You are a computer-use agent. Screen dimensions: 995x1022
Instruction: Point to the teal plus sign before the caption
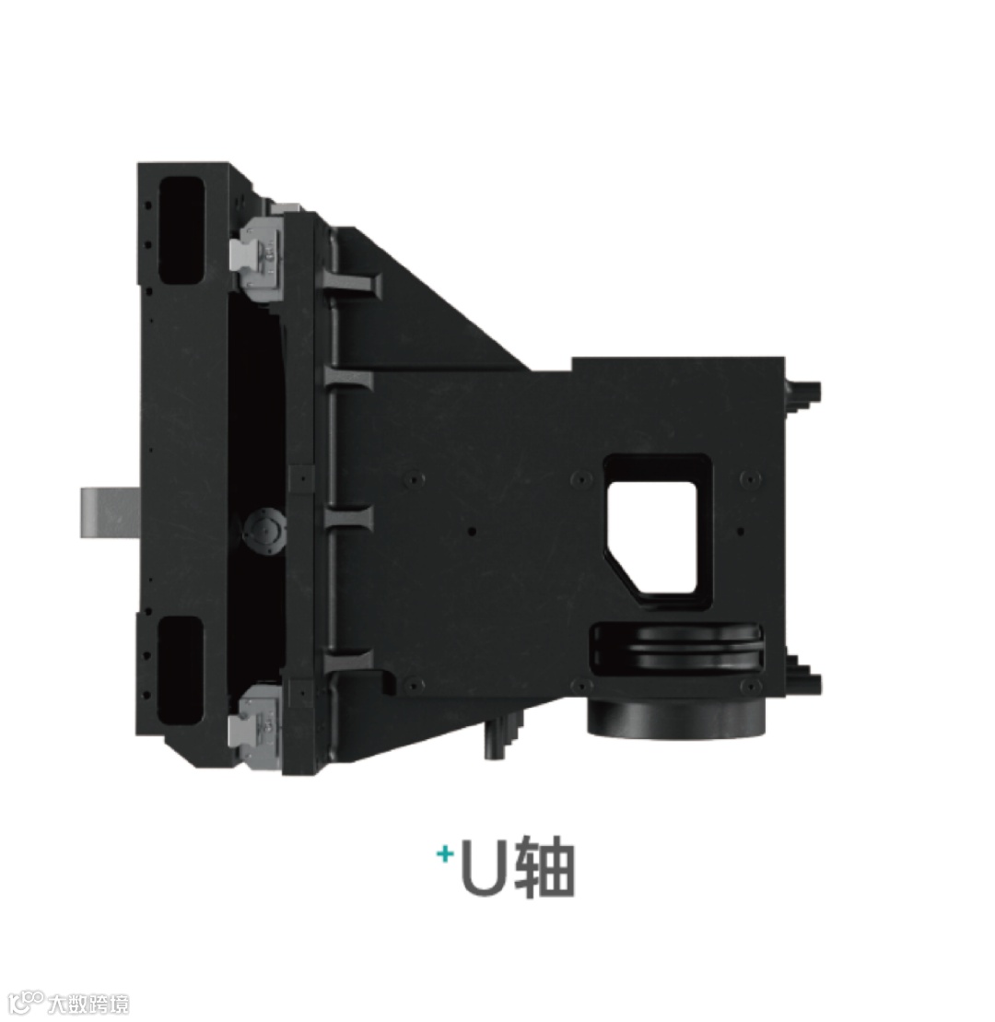point(445,854)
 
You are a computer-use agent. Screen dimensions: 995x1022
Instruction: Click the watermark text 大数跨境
point(88,1004)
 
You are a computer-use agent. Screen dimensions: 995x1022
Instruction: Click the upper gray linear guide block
point(257,259)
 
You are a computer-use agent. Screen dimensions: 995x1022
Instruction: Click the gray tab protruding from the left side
point(110,512)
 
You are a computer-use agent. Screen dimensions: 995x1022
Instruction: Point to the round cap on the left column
point(263,531)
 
